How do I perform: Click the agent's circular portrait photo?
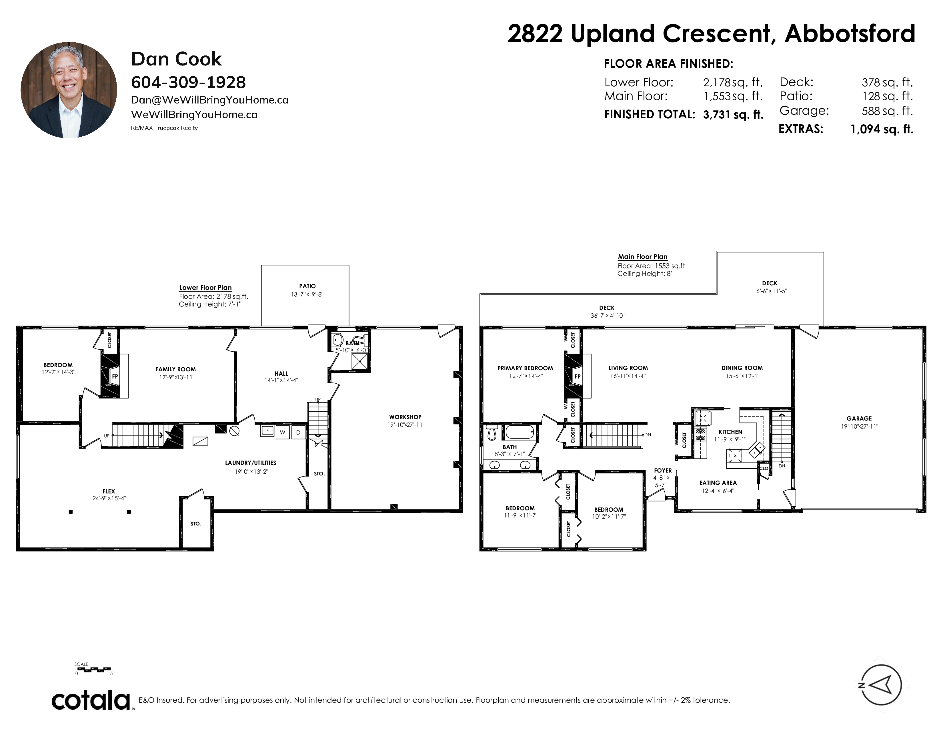pos(69,90)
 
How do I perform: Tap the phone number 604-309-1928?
pos(188,82)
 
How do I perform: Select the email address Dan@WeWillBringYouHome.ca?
pos(209,100)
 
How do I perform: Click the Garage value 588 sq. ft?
pos(887,111)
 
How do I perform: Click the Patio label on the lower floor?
pos(307,286)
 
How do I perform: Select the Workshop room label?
pos(405,417)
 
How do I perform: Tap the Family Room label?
pos(176,369)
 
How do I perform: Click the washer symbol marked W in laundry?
pos(283,432)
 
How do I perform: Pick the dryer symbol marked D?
pos(298,432)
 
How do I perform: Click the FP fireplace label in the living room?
pos(578,376)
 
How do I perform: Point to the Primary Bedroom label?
pos(525,368)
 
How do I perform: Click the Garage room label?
pos(859,418)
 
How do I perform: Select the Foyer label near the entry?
pos(663,470)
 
